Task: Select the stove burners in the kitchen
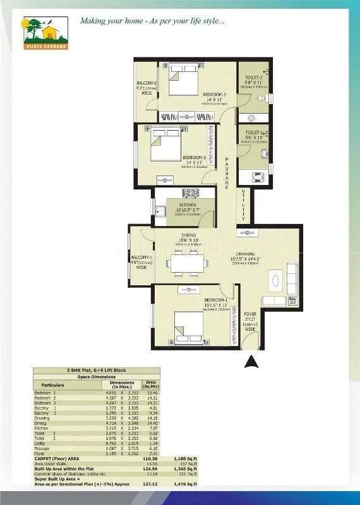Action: [x=188, y=193]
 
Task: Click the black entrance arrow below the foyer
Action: [x=251, y=362]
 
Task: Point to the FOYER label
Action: [x=251, y=314]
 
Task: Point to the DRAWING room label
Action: [x=243, y=251]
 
